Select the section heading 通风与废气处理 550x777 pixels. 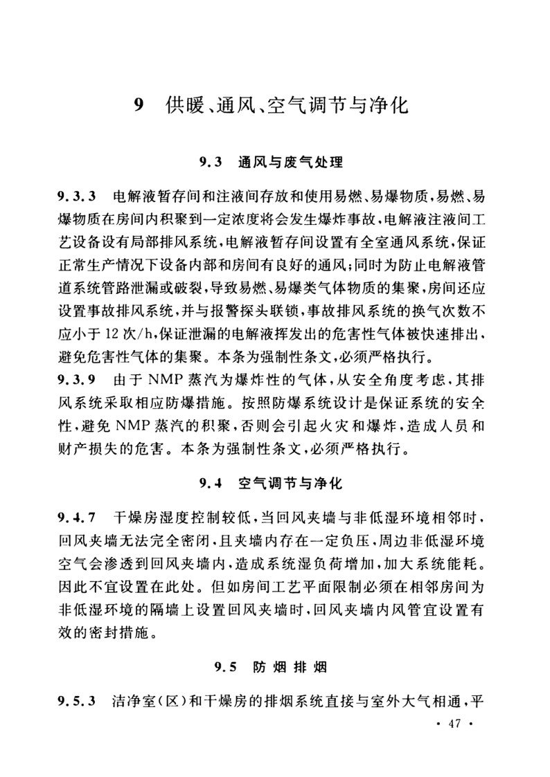pyautogui.click(x=290, y=164)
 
